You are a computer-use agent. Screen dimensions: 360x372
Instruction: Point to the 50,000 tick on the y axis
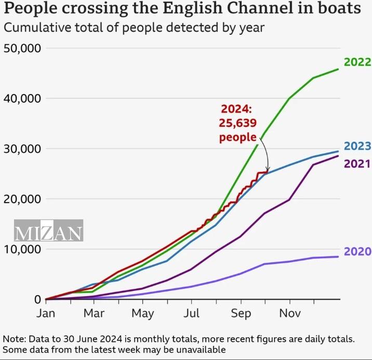pyautogui.click(x=22, y=48)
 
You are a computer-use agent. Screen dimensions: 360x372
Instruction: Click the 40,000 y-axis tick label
pyautogui.click(x=22, y=98)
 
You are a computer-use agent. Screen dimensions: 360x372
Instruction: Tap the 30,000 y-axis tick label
pyautogui.click(x=22, y=149)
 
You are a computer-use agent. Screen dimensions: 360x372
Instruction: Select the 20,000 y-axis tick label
pyautogui.click(x=22, y=199)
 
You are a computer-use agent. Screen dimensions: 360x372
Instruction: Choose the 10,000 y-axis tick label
pyautogui.click(x=22, y=249)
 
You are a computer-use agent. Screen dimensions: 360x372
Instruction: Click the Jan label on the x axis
pyautogui.click(x=46, y=313)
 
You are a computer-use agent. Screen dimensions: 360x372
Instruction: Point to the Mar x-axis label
pyautogui.click(x=94, y=313)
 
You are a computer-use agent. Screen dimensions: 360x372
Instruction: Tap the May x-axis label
pyautogui.click(x=142, y=313)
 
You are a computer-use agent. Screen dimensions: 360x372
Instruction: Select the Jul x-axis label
pyautogui.click(x=192, y=313)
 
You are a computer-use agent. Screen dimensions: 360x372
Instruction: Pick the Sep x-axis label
pyautogui.click(x=241, y=313)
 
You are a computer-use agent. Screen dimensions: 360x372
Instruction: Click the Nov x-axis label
pyautogui.click(x=289, y=313)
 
